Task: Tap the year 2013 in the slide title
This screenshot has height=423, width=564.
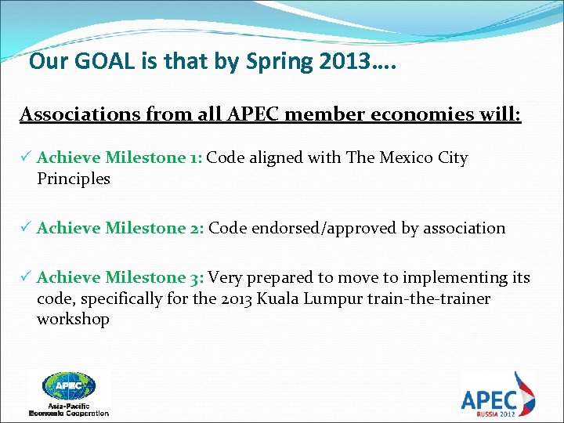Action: (x=345, y=61)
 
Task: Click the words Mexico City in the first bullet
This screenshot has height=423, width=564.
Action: (x=424, y=157)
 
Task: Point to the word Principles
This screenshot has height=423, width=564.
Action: (x=74, y=179)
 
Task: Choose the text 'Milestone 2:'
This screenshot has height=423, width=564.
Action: (x=155, y=228)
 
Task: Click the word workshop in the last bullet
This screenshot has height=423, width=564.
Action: (x=73, y=320)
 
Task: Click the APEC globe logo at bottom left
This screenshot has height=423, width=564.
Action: (x=69, y=385)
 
